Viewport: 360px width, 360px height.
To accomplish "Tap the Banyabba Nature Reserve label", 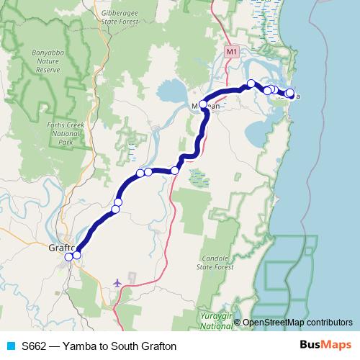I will [48, 62].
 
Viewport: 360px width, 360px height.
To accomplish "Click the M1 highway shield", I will [231, 53].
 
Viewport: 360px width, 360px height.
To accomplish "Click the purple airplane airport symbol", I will [117, 282].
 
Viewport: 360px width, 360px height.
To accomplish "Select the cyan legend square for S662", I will [10, 346].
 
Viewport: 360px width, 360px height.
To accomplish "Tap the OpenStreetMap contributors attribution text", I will [297, 323].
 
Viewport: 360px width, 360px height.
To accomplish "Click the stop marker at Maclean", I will [203, 105].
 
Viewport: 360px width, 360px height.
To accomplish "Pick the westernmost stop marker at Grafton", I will [69, 256].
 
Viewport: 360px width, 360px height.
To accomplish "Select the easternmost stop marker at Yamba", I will [290, 93].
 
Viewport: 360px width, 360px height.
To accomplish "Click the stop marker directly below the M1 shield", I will [251, 84].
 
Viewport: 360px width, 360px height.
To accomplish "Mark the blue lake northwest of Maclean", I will [171, 92].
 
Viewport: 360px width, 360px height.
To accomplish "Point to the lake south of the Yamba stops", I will [259, 132].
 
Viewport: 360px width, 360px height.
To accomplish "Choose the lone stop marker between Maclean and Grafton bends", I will [175, 170].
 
